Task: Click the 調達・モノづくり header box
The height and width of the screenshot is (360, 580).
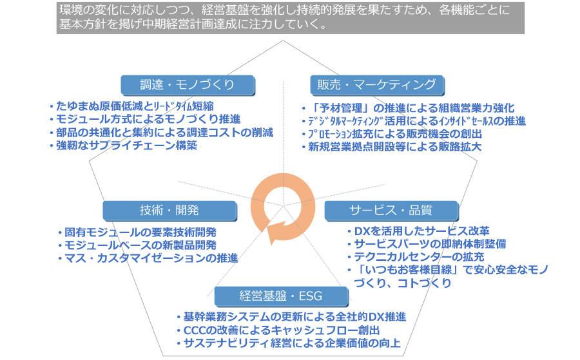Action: point(188,85)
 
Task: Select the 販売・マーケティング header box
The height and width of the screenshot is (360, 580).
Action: point(377,85)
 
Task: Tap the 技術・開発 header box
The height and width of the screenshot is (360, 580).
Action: point(169,211)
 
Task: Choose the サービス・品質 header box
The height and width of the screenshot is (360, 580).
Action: point(391,211)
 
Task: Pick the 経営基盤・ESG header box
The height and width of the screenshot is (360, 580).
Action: point(281,296)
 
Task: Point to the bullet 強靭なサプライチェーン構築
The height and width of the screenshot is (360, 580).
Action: point(124,146)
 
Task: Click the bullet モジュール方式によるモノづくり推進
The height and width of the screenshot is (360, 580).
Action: point(146,119)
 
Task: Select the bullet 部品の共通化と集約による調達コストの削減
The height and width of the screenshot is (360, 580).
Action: point(162,132)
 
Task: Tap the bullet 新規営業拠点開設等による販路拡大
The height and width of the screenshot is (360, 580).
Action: point(392,147)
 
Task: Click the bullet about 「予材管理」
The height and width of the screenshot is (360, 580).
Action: point(409,108)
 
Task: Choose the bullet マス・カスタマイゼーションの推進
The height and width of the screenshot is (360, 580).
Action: point(148,258)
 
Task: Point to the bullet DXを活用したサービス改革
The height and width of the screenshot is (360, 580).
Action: point(419,231)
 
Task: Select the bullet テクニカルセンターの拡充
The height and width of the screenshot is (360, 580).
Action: point(416,257)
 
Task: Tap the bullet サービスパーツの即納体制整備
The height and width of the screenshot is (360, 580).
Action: point(427,244)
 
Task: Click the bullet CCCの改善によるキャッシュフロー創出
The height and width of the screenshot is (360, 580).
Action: point(278,330)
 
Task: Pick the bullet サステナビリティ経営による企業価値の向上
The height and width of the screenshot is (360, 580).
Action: point(289,343)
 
